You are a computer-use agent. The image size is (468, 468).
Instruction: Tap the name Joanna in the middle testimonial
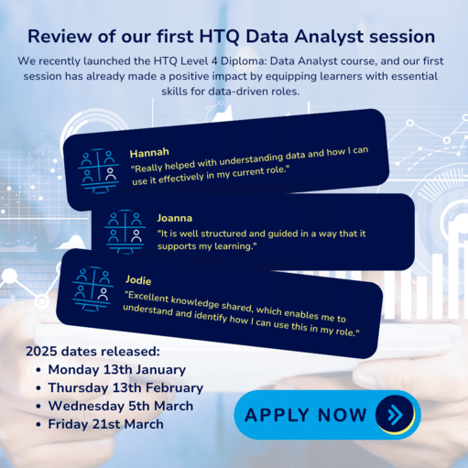click(175, 218)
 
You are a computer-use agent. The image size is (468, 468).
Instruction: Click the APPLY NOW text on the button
click(306, 414)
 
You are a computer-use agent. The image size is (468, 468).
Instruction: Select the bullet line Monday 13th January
click(116, 369)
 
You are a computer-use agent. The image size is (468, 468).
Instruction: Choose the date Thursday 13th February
click(125, 387)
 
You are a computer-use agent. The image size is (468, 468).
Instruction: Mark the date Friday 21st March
click(105, 424)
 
